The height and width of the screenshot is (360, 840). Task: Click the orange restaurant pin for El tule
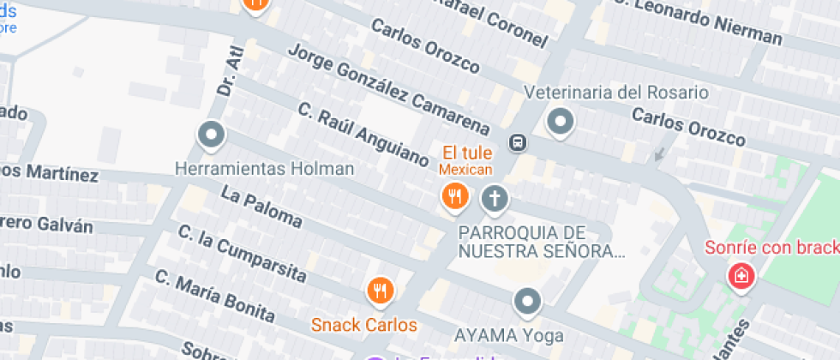coord(454,199)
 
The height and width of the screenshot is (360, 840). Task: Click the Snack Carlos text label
coord(363,325)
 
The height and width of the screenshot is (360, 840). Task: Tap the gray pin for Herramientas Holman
coord(211,135)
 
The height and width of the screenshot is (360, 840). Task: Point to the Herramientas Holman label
coord(264,169)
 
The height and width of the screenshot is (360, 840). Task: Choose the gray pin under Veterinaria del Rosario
coord(561,122)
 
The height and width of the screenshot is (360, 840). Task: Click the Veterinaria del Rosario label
coord(615,92)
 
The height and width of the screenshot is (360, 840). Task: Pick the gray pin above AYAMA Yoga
coord(527,301)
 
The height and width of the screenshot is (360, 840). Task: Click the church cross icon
coord(494,200)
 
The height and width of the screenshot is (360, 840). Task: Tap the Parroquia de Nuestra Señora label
coord(537,241)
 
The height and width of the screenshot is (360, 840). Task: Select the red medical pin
coord(740,276)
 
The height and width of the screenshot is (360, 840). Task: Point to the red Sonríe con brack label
coord(771,249)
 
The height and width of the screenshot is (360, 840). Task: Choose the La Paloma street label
coord(261,207)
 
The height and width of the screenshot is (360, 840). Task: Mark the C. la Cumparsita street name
coord(242,254)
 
